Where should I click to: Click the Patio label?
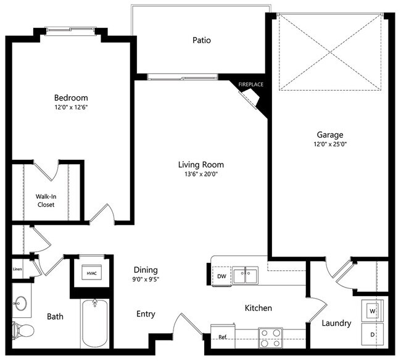(x=201, y=41)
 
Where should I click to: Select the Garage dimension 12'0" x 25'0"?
(x=330, y=145)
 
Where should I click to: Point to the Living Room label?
(x=201, y=165)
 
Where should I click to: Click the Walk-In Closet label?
(x=45, y=201)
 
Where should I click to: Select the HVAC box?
(x=92, y=273)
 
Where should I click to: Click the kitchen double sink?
(x=246, y=275)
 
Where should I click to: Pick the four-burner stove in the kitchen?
(x=270, y=338)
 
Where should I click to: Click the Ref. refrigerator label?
(x=223, y=337)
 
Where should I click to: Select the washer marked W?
(x=372, y=311)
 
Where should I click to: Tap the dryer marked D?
(x=372, y=334)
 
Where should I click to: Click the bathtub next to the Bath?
(x=94, y=324)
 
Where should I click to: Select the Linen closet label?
(x=17, y=268)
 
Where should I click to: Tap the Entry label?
(x=146, y=315)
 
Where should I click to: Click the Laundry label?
(x=336, y=323)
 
